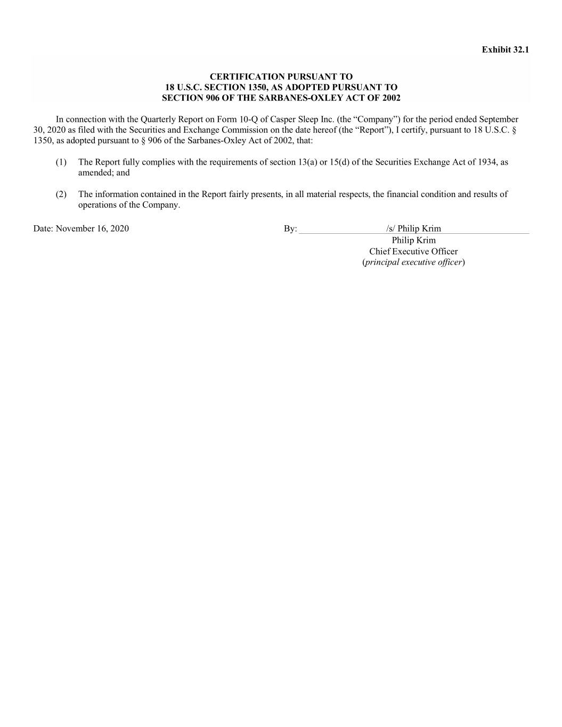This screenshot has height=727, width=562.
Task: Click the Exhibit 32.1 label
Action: pos(505,50)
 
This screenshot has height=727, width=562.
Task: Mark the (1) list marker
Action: pos(61,162)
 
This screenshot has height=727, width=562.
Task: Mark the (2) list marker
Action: pos(61,194)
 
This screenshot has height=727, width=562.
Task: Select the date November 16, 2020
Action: pos(92,229)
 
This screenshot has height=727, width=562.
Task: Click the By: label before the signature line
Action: pos(290,229)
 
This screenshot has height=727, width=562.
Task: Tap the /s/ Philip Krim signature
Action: pos(413,229)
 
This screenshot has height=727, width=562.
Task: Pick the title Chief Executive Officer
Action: pos(413,251)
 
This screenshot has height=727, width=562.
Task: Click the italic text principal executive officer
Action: pos(413,262)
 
